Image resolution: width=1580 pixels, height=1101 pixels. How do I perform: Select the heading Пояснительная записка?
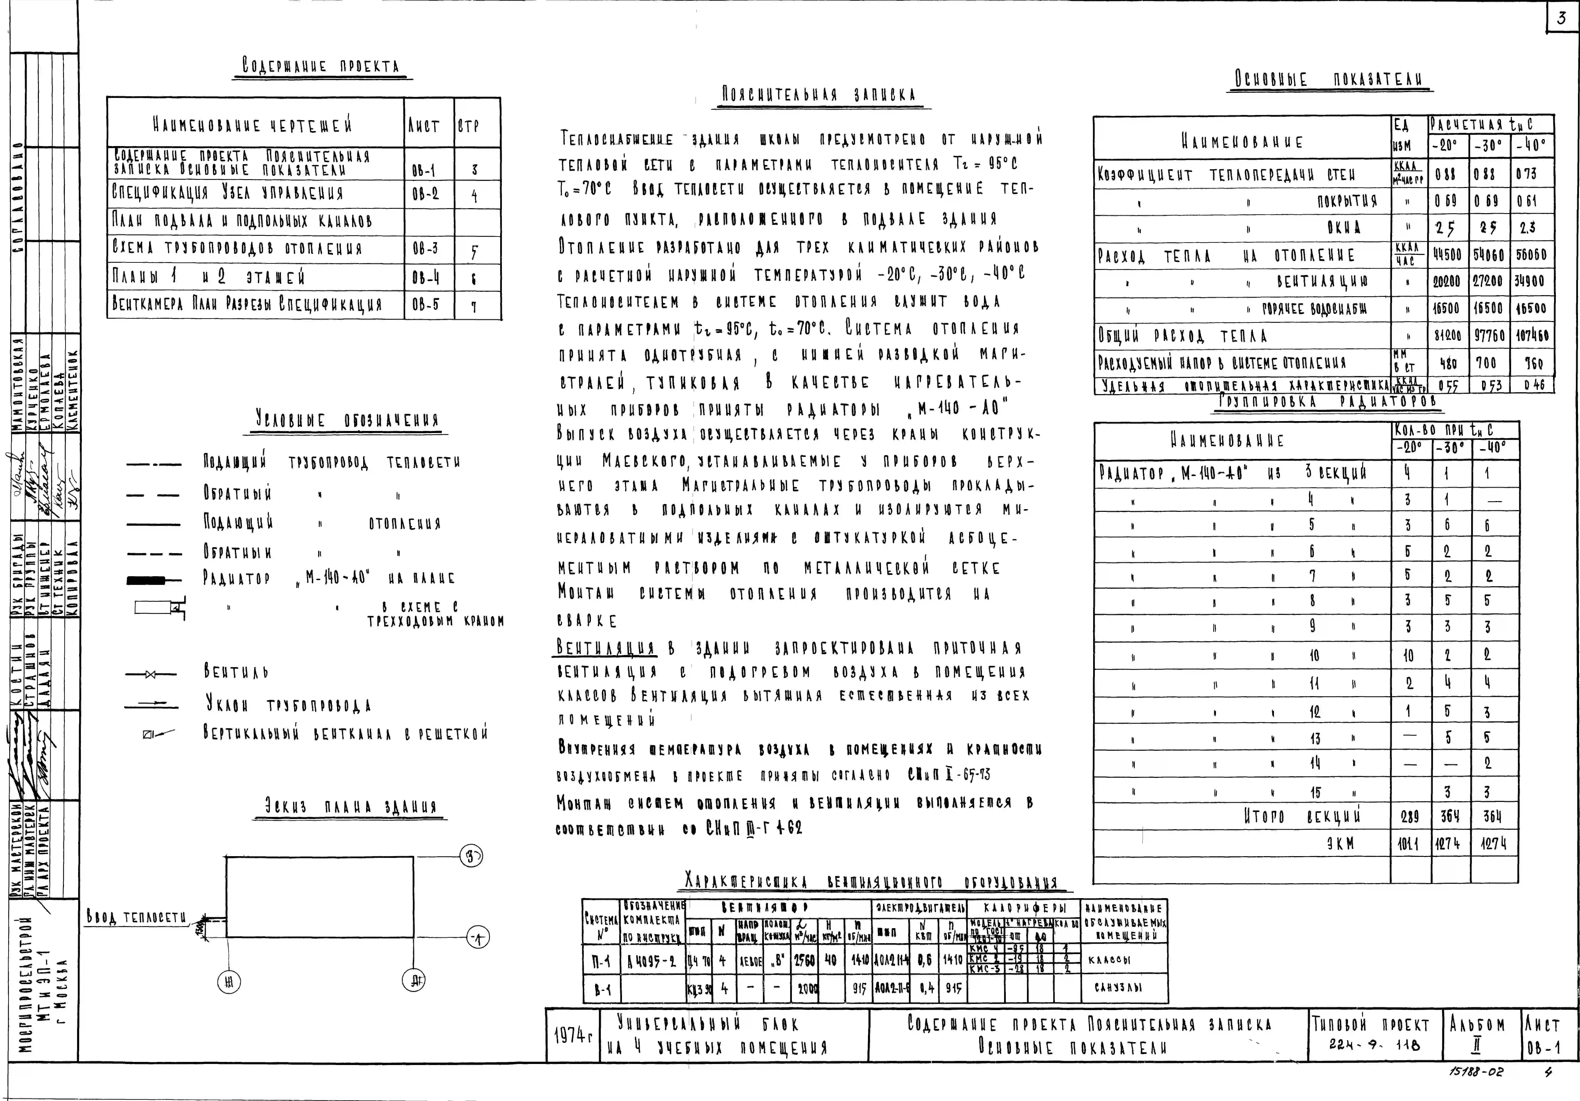pyautogui.click(x=818, y=94)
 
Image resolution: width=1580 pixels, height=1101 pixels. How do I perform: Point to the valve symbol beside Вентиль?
pyautogui.click(x=151, y=674)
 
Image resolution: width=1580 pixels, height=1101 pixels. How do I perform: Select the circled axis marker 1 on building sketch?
pyautogui.click(x=478, y=937)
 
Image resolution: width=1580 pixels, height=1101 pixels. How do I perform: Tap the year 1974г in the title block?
pyautogui.click(x=572, y=1035)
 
